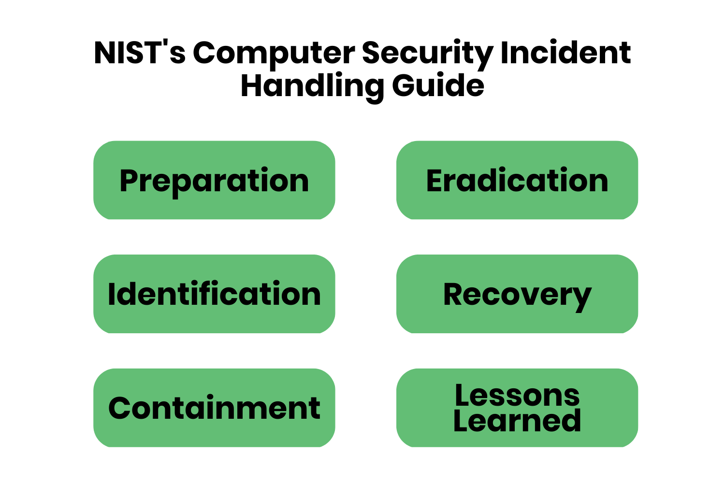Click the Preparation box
click(214, 180)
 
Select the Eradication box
click(517, 180)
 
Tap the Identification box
click(214, 294)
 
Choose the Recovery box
click(517, 294)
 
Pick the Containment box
click(214, 408)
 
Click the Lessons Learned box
click(517, 408)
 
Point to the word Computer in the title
click(274, 53)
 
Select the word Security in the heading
click(427, 53)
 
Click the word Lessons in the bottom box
click(517, 396)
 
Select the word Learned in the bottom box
click(517, 421)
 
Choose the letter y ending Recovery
click(581, 297)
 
